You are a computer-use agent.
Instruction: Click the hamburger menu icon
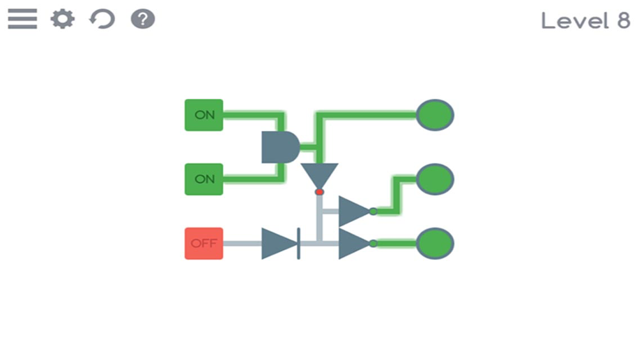coord(22,19)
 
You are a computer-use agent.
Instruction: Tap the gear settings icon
coord(63,19)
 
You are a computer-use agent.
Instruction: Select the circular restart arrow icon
coord(102,19)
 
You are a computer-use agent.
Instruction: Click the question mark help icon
coord(143,19)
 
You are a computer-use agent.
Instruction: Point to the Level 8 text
coord(585,20)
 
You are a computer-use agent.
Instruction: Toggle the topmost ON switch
coord(204,115)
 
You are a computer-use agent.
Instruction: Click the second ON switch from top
coord(204,179)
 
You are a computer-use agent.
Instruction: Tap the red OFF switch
coord(204,244)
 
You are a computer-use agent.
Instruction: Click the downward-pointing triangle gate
coord(319,174)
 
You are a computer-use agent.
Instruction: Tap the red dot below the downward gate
coord(319,192)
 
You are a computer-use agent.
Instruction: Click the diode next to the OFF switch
coord(279,244)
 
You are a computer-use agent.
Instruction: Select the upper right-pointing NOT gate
coord(353,211)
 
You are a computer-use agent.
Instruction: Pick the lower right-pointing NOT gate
coord(353,244)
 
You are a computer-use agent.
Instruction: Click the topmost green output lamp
coord(435,115)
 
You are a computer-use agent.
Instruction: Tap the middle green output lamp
coord(435,179)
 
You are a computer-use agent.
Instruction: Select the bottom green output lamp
coord(435,244)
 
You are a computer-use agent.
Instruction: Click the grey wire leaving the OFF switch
coord(243,244)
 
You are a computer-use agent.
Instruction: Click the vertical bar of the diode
coord(299,244)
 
